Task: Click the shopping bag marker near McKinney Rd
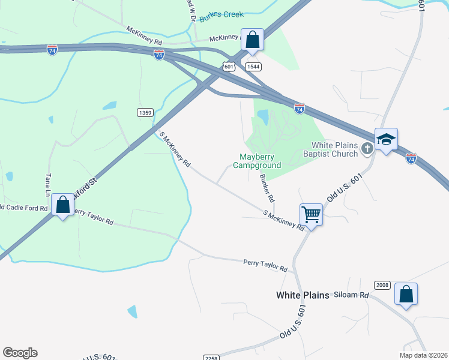[253, 41]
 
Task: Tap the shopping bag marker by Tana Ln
[62, 206]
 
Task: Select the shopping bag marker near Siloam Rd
[406, 295]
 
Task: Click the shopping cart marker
[311, 214]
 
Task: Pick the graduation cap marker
[386, 140]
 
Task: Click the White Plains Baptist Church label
[334, 149]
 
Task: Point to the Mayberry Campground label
[256, 161]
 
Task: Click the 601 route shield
[229, 67]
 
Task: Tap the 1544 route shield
[253, 67]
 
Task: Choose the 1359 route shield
[145, 112]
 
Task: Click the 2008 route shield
[382, 284]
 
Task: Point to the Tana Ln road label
[48, 186]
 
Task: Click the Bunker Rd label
[267, 187]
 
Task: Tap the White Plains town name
[303, 295]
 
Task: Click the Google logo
[20, 353]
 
